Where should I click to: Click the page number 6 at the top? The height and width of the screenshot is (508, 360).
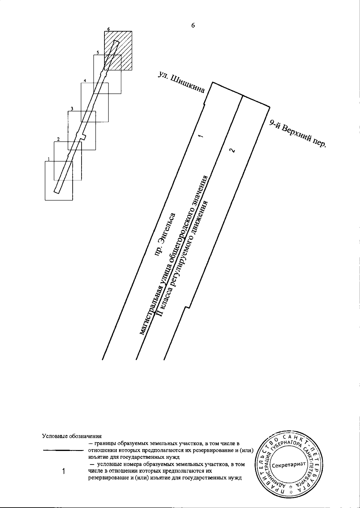point(193,26)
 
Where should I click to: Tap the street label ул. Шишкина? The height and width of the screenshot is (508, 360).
point(181,83)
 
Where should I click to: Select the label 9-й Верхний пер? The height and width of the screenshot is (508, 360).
point(298,134)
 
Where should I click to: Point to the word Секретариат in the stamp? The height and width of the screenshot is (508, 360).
point(289,465)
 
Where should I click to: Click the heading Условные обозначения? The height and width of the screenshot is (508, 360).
point(72,436)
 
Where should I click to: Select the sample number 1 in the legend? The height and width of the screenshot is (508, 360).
point(64,471)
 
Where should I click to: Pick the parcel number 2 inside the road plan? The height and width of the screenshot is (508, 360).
point(232,150)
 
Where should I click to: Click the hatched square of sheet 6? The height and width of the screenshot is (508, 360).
point(118,50)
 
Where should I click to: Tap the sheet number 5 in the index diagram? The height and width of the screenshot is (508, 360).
point(97,53)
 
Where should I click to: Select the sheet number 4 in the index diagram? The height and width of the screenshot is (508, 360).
point(85,80)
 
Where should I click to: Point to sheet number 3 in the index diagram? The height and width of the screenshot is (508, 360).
point(72,109)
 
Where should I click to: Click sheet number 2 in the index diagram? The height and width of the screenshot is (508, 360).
point(58,139)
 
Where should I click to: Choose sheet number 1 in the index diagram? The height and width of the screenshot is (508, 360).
point(49,159)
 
